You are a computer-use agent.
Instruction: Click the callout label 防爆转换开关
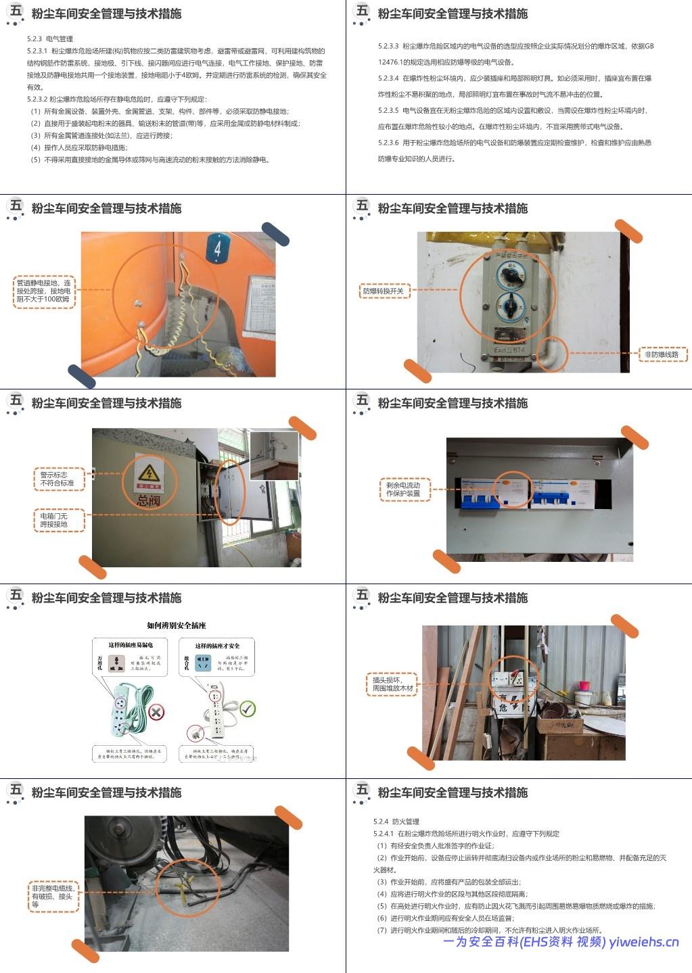[x=383, y=291]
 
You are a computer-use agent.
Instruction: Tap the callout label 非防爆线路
[x=662, y=354]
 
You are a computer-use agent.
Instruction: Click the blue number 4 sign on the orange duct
[x=217, y=248]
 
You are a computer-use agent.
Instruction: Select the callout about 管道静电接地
[x=44, y=291]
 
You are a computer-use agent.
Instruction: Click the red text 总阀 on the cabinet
[x=149, y=501]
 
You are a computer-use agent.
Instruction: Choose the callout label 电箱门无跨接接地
[x=54, y=519]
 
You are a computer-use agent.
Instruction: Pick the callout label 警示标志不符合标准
[x=57, y=479]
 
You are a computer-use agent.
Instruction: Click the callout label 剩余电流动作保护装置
[x=403, y=490]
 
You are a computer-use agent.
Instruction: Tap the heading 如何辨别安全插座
[x=177, y=625]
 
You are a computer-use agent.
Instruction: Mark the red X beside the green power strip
[x=156, y=712]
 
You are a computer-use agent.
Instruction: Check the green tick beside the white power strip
[x=248, y=709]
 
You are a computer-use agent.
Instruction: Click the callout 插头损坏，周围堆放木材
[x=392, y=684]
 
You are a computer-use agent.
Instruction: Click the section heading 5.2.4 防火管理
[x=396, y=822]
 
